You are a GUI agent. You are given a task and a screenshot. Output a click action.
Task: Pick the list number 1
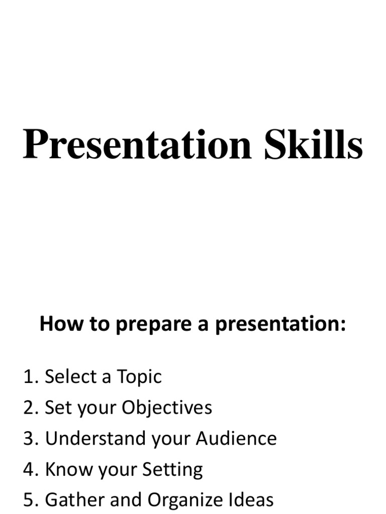pyautogui.click(x=30, y=376)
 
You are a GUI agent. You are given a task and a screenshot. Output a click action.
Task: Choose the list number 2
pyautogui.click(x=30, y=408)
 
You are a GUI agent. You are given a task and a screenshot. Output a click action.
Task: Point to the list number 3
pyautogui.click(x=30, y=439)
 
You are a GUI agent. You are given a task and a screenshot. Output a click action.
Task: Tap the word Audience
pyautogui.click(x=236, y=439)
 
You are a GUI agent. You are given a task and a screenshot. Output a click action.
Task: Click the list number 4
pyautogui.click(x=30, y=470)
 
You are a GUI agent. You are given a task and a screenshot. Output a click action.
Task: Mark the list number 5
pyautogui.click(x=30, y=500)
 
